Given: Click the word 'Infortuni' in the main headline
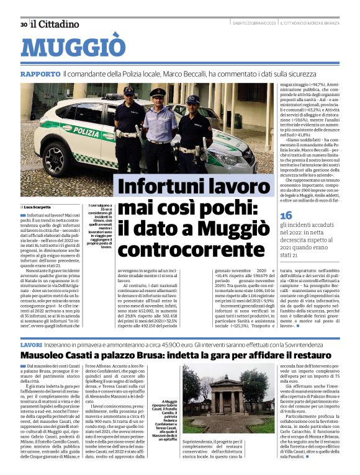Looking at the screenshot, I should (154, 186).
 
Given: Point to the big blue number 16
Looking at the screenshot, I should (286, 214).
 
